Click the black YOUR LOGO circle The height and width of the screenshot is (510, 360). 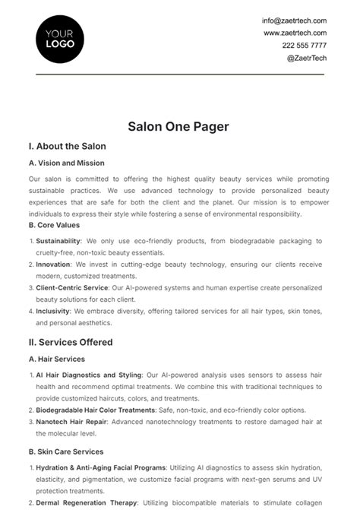60,39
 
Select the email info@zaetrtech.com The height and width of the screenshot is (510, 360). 295,21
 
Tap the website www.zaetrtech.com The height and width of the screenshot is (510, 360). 295,33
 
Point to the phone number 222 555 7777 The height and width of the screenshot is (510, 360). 305,45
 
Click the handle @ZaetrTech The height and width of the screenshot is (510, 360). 307,57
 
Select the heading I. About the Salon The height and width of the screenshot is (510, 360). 67,146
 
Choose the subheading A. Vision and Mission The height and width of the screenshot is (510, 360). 67,163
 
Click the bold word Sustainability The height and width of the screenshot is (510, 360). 58,241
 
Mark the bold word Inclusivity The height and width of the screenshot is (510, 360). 52,312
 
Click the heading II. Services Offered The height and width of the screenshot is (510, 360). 70,342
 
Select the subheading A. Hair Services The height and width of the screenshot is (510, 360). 57,359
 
